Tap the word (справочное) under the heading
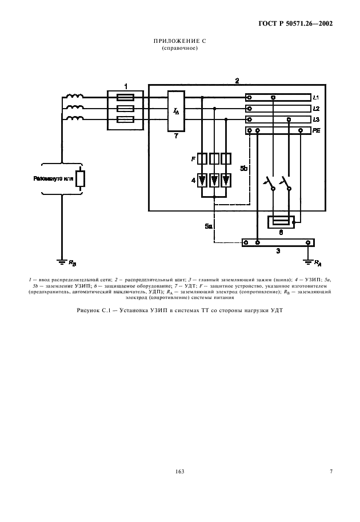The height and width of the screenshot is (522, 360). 179,49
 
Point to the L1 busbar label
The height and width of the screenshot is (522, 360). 317,98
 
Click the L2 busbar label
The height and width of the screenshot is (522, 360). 317,109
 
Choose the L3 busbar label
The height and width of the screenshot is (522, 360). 317,119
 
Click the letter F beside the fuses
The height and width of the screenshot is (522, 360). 193,158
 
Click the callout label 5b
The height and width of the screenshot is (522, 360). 243,169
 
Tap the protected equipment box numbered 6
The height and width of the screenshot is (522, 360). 280,222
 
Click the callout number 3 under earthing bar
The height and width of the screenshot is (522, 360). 278,251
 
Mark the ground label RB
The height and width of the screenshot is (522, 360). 71,263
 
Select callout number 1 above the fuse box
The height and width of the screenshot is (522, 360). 125,85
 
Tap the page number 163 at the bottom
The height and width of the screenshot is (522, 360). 179,471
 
